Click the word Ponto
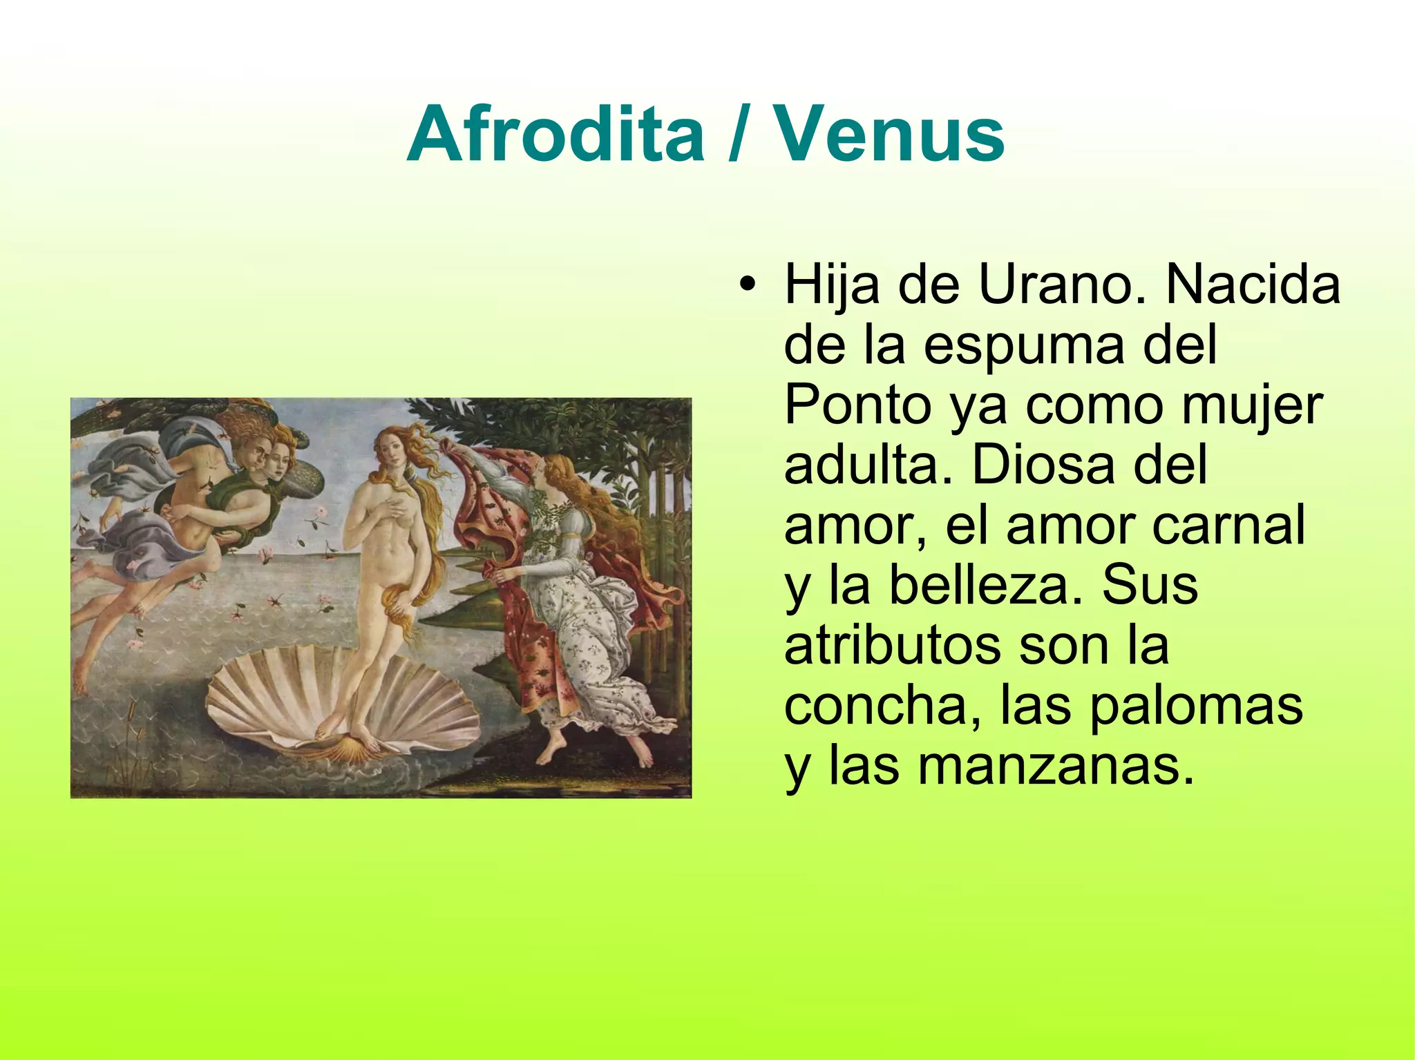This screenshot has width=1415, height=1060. [x=857, y=405]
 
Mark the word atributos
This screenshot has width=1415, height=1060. [x=892, y=645]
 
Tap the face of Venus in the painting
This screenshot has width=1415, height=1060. [x=391, y=449]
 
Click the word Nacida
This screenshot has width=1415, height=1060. [x=1252, y=285]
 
